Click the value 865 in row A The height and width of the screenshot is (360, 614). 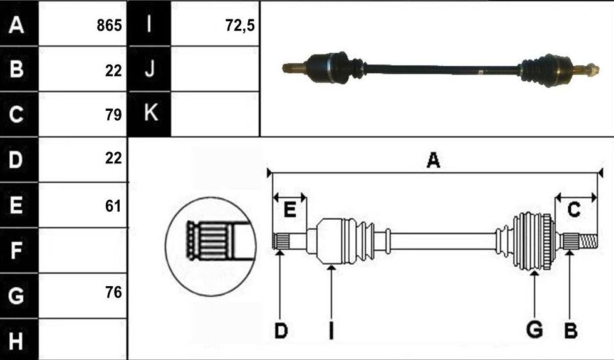pos(109,26)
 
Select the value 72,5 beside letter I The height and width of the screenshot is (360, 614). pos(240,26)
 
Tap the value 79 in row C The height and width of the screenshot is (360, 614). pos(113,115)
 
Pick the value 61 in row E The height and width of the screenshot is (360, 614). pos(113,206)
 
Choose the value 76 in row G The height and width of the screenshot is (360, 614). pos(113,292)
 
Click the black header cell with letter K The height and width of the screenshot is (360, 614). pos(150,114)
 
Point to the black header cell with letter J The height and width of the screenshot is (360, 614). pos(150,69)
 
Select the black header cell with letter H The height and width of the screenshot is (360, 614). pos(19,339)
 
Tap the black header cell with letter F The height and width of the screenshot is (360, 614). pos(19,250)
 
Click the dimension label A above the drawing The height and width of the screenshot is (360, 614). pos(433,160)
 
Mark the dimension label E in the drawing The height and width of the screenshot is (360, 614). pos(289,210)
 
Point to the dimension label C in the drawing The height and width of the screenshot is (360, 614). pos(574,210)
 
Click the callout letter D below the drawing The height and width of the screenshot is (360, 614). pos(281,331)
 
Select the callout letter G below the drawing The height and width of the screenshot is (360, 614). pos(534,330)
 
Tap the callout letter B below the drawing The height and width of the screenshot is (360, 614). pos(571,331)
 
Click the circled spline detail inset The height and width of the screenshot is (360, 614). pos(211,247)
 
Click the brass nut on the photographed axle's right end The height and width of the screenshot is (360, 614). pos(594,69)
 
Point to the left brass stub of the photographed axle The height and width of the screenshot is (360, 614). pos(294,68)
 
